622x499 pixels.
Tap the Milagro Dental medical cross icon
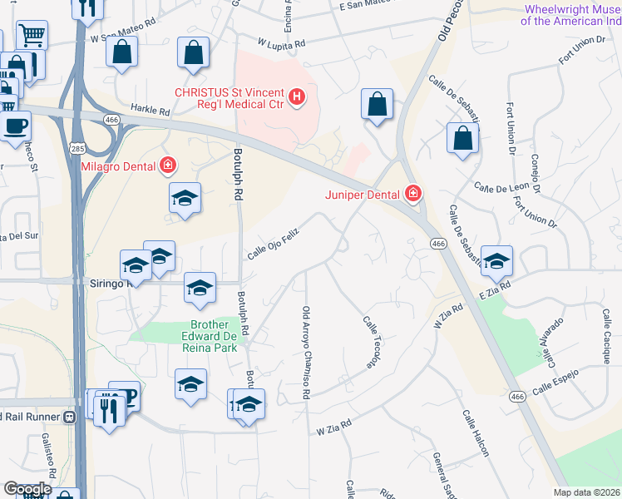[x=168, y=166]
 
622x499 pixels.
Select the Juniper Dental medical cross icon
[x=412, y=195]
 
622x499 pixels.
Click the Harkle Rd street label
[x=150, y=110]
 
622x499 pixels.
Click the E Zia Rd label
[x=493, y=291]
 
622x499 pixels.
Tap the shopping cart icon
[x=33, y=35]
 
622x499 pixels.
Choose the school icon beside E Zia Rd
[x=496, y=259]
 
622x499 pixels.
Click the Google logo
[x=27, y=489]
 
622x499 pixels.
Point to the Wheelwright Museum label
[x=572, y=15]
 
